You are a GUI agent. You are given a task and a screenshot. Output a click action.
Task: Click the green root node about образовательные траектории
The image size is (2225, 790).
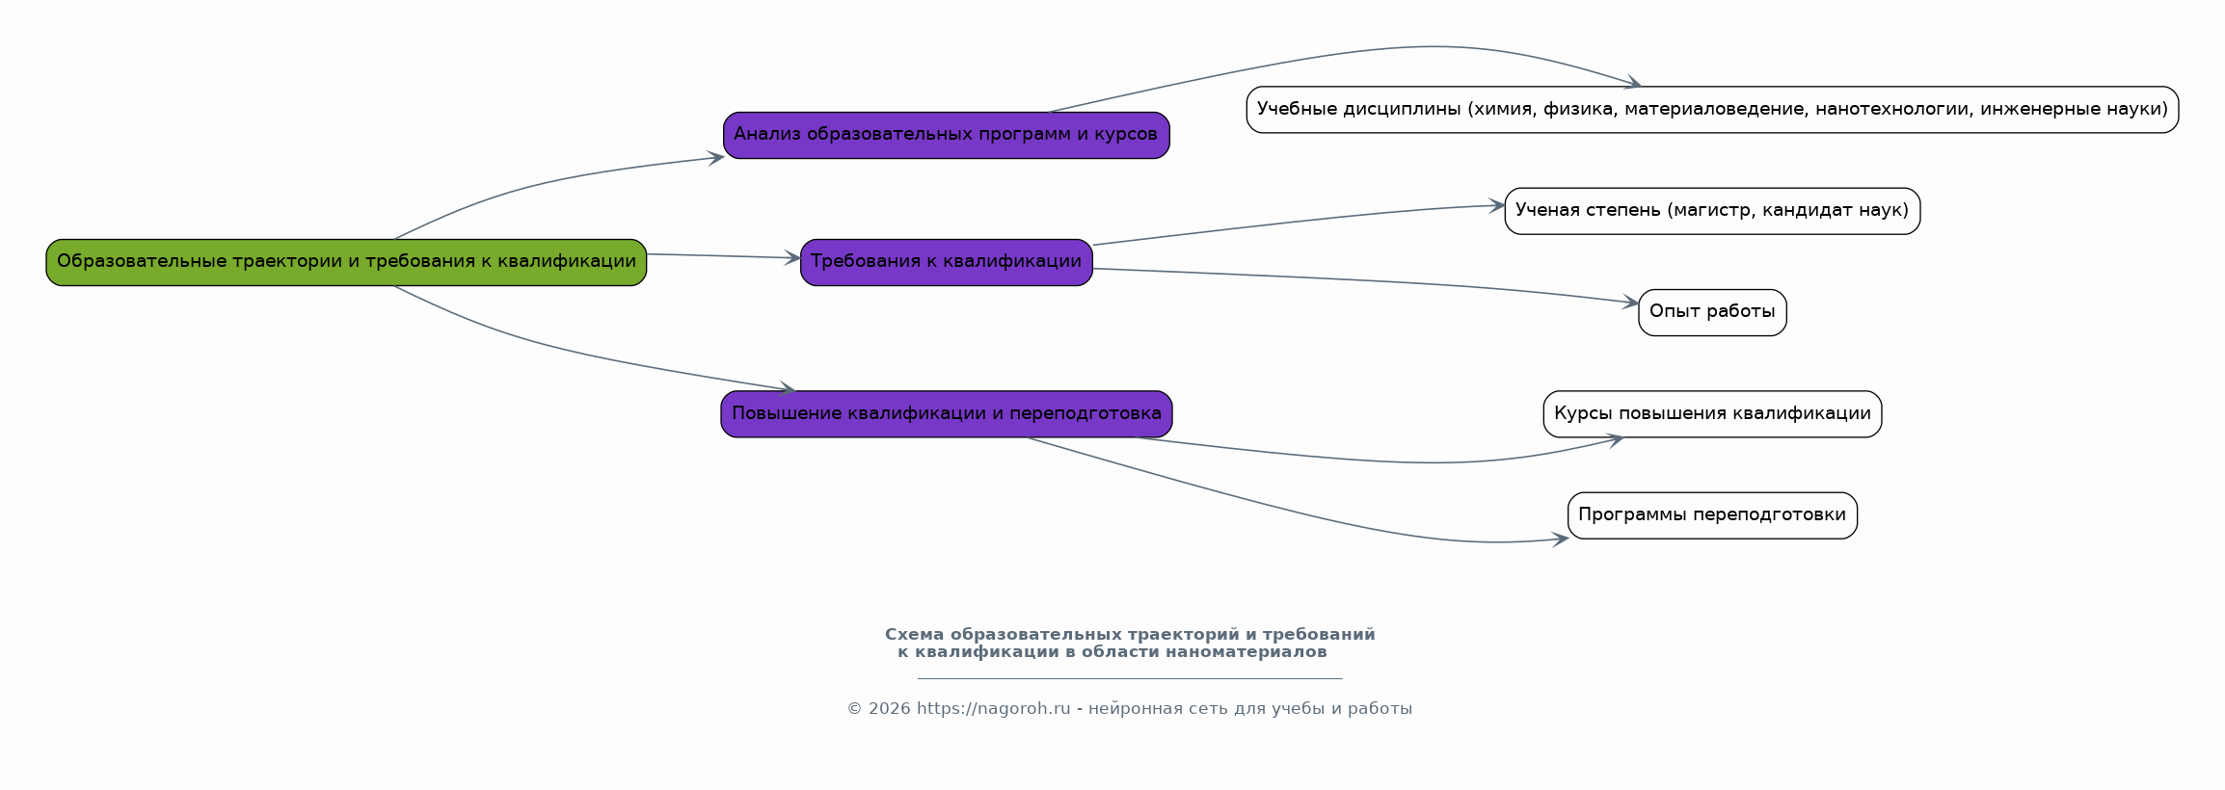[346, 262]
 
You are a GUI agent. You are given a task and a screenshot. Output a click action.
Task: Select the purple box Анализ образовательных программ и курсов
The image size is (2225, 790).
[947, 135]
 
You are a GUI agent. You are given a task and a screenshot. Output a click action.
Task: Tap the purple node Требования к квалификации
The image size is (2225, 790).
[947, 262]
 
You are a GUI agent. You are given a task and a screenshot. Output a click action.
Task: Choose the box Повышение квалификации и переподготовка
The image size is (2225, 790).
[947, 414]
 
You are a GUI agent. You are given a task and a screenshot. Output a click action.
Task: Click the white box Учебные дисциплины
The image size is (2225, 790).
[1712, 110]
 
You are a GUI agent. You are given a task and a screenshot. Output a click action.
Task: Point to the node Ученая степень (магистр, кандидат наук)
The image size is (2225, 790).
[1712, 211]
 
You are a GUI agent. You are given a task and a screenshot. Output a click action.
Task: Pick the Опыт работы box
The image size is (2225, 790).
[1712, 312]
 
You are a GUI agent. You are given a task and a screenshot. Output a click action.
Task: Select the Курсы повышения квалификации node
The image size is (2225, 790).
[1712, 414]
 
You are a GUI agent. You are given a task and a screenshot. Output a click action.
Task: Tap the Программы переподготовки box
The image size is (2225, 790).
[1712, 515]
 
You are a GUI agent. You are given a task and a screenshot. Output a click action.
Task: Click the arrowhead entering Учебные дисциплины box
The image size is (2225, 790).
[1633, 84]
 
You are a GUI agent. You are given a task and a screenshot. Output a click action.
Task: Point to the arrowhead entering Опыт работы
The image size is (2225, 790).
[1630, 303]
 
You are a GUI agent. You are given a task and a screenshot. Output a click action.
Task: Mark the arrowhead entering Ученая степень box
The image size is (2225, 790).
[1496, 205]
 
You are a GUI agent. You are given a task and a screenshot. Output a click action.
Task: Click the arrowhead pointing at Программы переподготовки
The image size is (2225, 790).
[1560, 540]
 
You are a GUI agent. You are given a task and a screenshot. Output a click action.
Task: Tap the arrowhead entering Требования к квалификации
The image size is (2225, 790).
[791, 258]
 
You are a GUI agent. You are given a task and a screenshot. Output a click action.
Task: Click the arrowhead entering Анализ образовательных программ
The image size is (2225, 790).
[715, 158]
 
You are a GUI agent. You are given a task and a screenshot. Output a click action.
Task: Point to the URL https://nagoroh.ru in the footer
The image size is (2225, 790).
[993, 709]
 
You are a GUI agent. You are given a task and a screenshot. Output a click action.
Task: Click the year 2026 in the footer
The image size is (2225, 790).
[889, 709]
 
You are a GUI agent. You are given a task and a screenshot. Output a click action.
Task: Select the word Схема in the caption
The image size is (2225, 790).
[914, 635]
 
